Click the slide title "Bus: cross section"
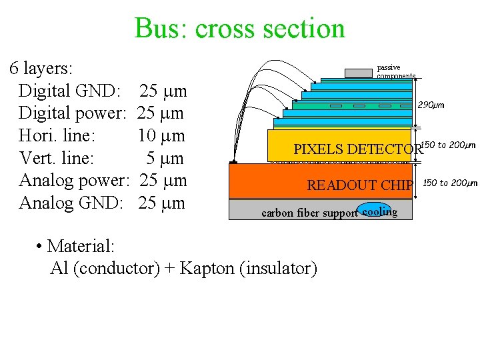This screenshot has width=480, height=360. (239, 28)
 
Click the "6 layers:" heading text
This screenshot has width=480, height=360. (41, 68)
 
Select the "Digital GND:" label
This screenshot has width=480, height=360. (70, 91)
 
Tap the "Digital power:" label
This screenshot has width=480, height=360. (73, 113)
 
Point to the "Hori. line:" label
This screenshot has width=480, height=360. (57, 136)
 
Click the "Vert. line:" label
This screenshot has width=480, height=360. (57, 159)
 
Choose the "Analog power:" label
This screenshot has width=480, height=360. (74, 181)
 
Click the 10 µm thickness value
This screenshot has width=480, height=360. (161, 136)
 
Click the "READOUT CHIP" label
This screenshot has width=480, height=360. (360, 185)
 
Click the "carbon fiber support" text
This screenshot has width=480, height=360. (309, 214)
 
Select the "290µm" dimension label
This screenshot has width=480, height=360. (431, 105)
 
